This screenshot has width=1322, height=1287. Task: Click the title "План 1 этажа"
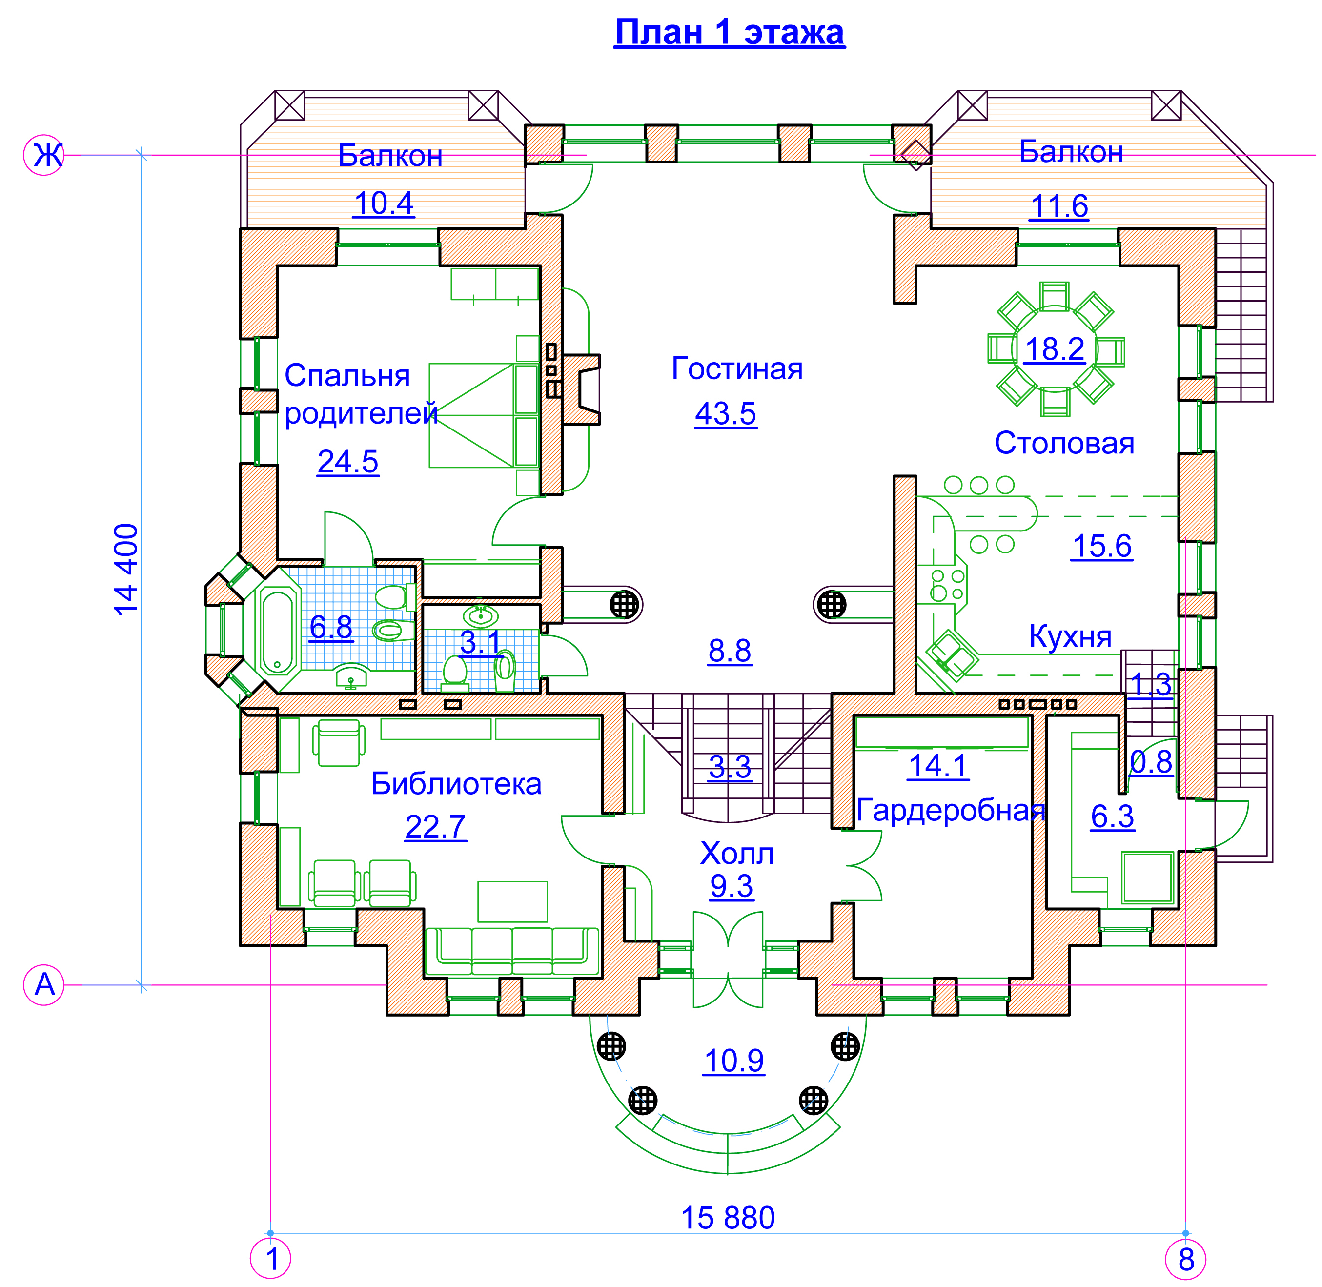click(729, 32)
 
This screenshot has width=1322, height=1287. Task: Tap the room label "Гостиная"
click(737, 369)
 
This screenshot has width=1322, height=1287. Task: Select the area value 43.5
click(725, 414)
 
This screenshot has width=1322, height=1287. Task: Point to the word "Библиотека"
click(456, 784)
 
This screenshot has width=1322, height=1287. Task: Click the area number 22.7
click(435, 827)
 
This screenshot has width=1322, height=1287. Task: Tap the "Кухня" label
click(1070, 637)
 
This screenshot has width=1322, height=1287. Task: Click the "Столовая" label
click(1064, 444)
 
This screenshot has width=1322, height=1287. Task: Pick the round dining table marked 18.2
click(1055, 349)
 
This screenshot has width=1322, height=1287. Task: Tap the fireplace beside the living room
click(581, 389)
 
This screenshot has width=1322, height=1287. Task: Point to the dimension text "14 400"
click(126, 569)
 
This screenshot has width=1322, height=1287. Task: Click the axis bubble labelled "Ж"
click(44, 156)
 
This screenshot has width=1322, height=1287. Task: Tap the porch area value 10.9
click(733, 1061)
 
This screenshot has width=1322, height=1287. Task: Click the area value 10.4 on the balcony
click(383, 204)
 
